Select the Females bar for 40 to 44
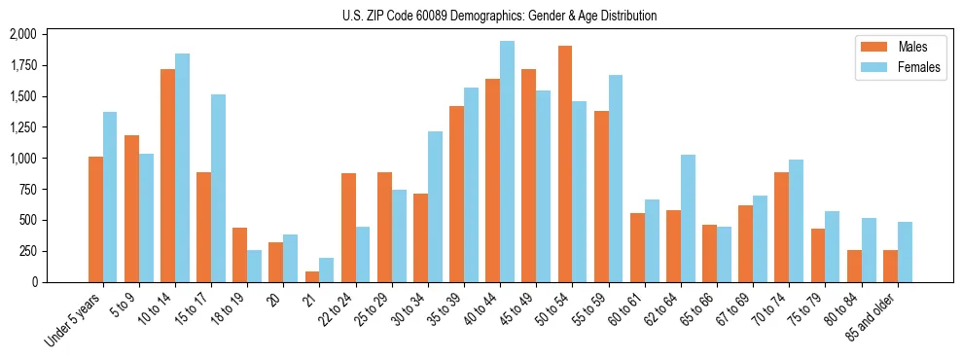click(507, 162)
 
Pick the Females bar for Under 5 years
click(110, 197)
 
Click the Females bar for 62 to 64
click(688, 218)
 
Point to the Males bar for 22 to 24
click(348, 228)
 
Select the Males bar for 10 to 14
click(167, 175)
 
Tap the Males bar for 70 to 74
click(781, 227)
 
